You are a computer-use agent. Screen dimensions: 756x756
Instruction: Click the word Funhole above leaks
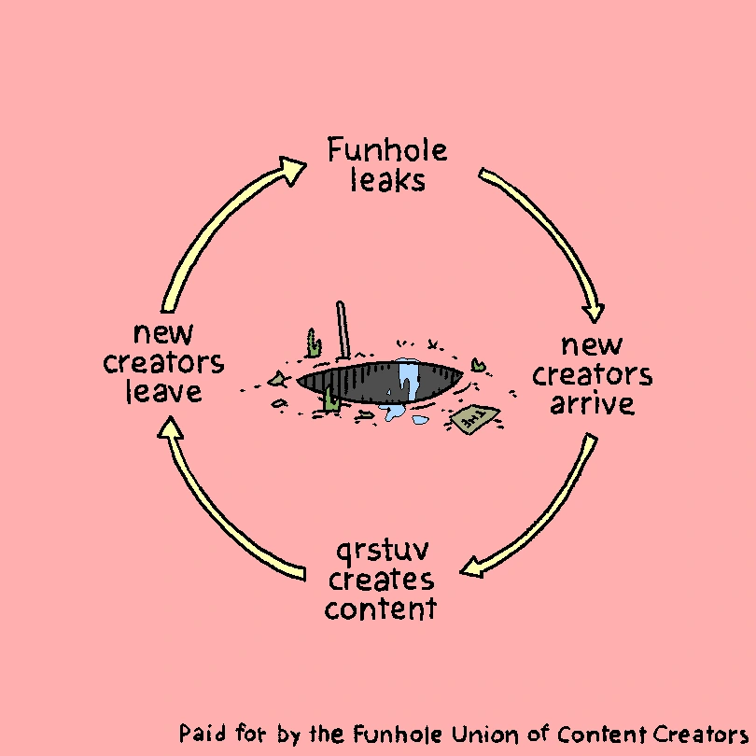386,150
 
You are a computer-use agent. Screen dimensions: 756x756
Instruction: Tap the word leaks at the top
387,179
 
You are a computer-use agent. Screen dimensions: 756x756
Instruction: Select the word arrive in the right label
592,403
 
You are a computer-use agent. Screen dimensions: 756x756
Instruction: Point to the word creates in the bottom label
381,580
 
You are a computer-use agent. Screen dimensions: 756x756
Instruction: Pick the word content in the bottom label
381,609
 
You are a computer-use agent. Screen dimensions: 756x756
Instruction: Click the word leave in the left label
163,392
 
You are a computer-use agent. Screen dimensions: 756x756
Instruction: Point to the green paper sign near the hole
474,417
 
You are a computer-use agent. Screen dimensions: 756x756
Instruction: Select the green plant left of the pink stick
315,343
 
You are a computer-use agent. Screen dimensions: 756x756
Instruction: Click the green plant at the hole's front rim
331,399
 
